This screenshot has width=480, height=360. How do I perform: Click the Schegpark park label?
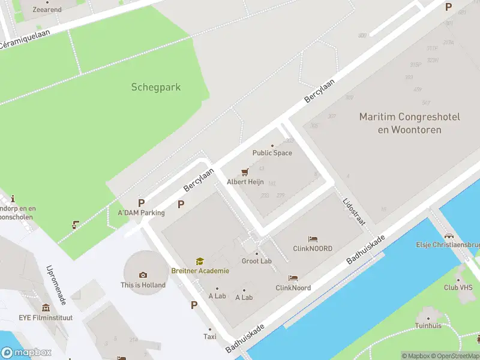tap(156, 87)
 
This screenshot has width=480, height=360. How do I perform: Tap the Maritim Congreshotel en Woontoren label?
tap(410, 123)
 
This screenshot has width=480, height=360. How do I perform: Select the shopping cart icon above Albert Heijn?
tap(244, 172)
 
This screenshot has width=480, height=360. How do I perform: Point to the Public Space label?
tap(272, 153)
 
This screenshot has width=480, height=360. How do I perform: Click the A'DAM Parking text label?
tap(141, 213)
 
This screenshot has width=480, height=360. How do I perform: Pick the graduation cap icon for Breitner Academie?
tap(200, 262)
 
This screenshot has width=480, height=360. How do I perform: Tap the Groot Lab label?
tap(257, 261)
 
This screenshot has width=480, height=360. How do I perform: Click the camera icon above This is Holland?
tap(143, 275)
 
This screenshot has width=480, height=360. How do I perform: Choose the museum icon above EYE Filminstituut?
tap(46, 308)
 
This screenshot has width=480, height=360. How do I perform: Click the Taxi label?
tap(210, 337)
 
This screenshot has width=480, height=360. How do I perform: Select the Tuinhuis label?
tap(428, 326)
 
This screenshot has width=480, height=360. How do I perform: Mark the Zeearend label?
tap(47, 10)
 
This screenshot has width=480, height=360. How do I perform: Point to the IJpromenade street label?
tap(55, 285)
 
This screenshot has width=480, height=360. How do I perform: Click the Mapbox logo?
tap(26, 353)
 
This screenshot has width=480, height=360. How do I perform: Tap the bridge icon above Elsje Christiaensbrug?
tap(449, 236)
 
